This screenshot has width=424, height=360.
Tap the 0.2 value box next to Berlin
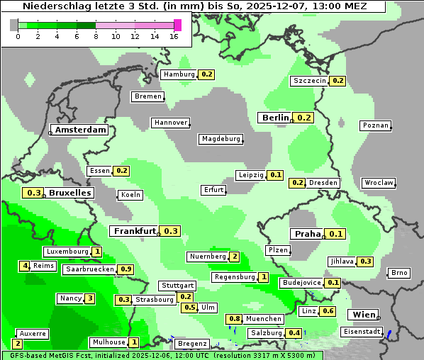(303, 118)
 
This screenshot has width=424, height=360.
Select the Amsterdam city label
(80, 130)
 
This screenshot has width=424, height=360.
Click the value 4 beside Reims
(25, 266)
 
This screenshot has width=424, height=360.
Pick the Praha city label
(307, 234)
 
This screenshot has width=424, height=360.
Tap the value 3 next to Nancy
(89, 298)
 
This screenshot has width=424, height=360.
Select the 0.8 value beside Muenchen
(234, 319)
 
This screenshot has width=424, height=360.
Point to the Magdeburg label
(221, 139)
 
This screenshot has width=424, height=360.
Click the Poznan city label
(375, 125)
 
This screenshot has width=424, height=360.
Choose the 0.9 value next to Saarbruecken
(125, 269)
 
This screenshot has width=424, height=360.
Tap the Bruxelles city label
(69, 193)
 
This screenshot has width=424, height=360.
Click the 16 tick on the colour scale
(174, 36)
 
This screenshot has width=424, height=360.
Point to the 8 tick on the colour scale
(96, 36)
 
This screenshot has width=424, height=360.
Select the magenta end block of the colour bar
(178, 25)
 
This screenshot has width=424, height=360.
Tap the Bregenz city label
(191, 343)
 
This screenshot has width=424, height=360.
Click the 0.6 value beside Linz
(328, 311)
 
